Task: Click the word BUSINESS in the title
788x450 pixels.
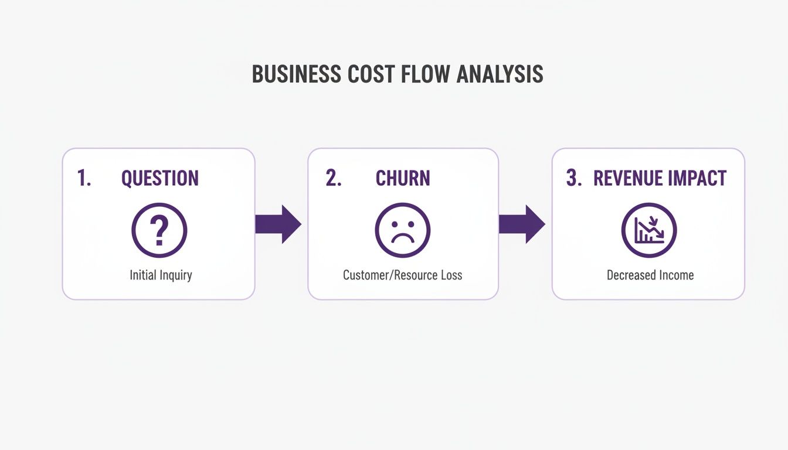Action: coord(296,74)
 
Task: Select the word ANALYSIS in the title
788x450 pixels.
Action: coord(500,74)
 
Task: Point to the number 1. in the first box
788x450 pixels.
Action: coord(84,178)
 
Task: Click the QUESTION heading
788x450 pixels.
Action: coord(160,178)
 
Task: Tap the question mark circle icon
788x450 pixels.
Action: coord(159,230)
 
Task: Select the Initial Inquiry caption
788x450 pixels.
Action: coord(161,275)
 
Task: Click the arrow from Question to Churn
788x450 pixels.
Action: coord(278,224)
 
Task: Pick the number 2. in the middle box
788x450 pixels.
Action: coord(334,178)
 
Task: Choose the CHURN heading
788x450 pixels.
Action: coord(403,178)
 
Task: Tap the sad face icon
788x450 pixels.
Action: coord(403,230)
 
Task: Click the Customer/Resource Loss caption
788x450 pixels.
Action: coord(402,275)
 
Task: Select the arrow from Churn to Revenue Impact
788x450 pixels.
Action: coord(522,224)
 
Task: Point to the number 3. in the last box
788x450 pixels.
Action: coord(574,178)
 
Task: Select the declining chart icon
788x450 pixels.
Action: coord(649,230)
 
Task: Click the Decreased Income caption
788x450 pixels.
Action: coord(650,275)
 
